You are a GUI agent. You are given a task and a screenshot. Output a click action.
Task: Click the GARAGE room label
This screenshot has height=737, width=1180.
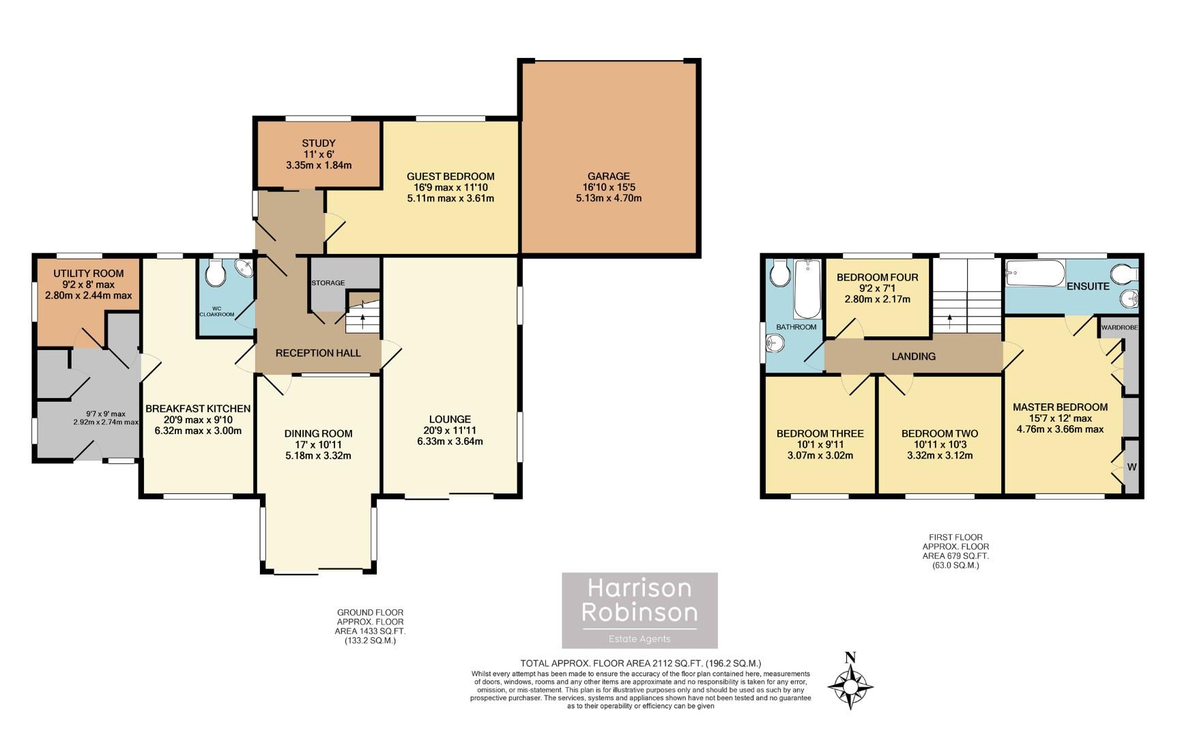[x=609, y=176]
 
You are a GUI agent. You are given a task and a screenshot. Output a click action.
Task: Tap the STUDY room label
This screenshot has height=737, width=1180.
[x=319, y=143]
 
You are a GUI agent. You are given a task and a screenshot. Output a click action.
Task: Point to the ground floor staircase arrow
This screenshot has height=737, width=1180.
[x=362, y=318]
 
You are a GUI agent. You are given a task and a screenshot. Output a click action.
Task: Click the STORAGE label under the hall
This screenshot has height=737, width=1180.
[x=328, y=283]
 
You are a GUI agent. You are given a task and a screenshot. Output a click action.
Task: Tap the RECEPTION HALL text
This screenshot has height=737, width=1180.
[x=318, y=353]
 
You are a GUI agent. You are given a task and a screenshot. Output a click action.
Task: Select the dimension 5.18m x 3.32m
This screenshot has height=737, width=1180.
[x=318, y=456]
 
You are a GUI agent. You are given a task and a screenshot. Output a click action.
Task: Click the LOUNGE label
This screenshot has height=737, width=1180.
[x=450, y=419]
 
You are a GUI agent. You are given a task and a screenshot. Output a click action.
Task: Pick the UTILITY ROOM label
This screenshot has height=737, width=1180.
[x=89, y=274]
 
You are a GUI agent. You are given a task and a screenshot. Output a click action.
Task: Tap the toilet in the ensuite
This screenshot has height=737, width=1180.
[x=1123, y=274]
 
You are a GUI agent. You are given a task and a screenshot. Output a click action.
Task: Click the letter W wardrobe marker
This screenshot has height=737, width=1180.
[x=1132, y=467]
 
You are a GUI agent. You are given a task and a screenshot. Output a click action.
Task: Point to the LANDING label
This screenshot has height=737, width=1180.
[x=913, y=356]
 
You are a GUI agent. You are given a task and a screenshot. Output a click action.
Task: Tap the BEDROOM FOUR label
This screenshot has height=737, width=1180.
[x=877, y=277]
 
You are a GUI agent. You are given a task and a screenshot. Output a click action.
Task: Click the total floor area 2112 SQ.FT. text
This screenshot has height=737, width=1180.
[x=640, y=663]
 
